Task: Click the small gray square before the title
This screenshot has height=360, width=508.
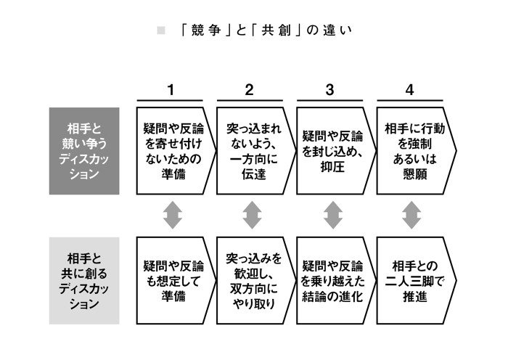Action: pos(162,30)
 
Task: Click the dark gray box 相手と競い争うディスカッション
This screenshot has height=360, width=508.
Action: pos(84,152)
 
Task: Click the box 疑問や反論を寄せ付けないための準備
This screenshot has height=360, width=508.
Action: pos(174,152)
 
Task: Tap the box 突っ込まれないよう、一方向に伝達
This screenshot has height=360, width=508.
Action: pos(253,152)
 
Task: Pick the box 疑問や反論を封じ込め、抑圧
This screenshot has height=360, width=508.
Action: pos(333,152)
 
